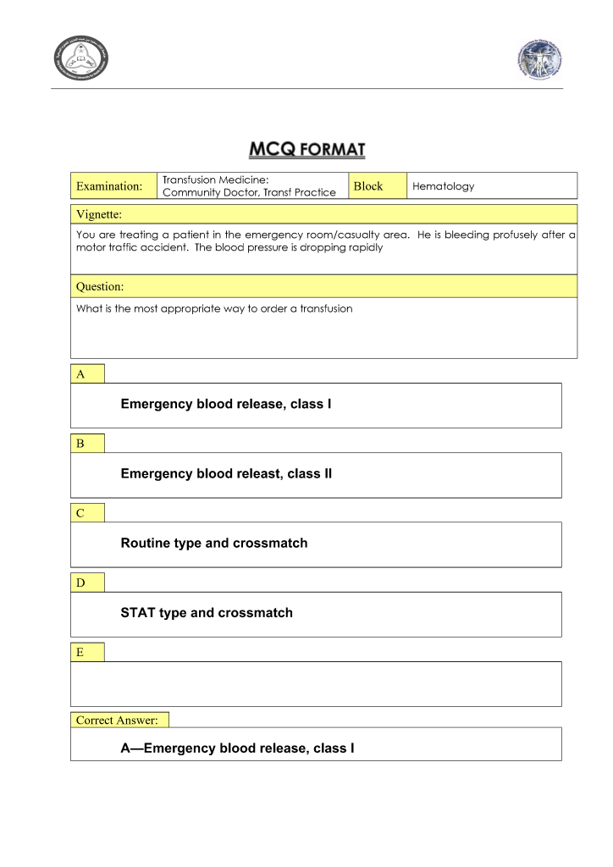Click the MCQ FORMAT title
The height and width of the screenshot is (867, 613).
pyautogui.click(x=306, y=150)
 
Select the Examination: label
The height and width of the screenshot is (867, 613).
pyautogui.click(x=109, y=186)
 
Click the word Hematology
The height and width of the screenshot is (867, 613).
pyautogui.click(x=443, y=186)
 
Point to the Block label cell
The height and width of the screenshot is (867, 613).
pyautogui.click(x=368, y=186)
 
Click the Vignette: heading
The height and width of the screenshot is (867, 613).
pyautogui.click(x=99, y=213)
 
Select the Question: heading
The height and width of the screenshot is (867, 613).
pyautogui.click(x=100, y=286)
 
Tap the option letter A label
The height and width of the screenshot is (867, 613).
pyautogui.click(x=80, y=373)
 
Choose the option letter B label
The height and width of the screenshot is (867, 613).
pyautogui.click(x=80, y=443)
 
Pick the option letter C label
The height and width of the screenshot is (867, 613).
pyautogui.click(x=80, y=512)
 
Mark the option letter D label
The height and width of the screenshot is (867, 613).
pyautogui.click(x=80, y=582)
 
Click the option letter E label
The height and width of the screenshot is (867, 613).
pyautogui.click(x=80, y=651)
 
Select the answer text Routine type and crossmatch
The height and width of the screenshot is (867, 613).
pyautogui.click(x=214, y=543)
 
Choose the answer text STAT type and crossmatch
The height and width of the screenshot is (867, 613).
pyautogui.click(x=207, y=612)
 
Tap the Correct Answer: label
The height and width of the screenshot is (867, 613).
pyautogui.click(x=117, y=720)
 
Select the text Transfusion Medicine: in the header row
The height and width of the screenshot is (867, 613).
pyautogui.click(x=215, y=179)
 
